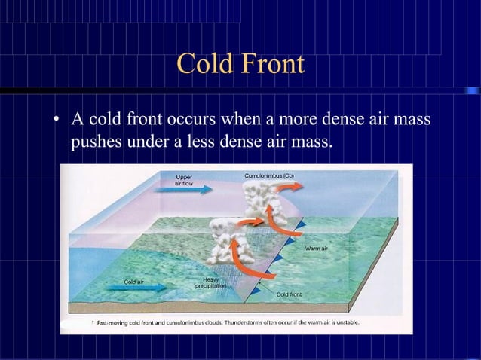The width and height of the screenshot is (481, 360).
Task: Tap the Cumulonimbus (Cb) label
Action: tap(268, 176)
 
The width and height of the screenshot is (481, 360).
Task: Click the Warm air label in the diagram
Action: tap(316, 249)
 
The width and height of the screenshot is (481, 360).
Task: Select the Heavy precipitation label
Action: tap(210, 282)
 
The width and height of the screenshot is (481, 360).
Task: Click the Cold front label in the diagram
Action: tap(290, 294)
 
